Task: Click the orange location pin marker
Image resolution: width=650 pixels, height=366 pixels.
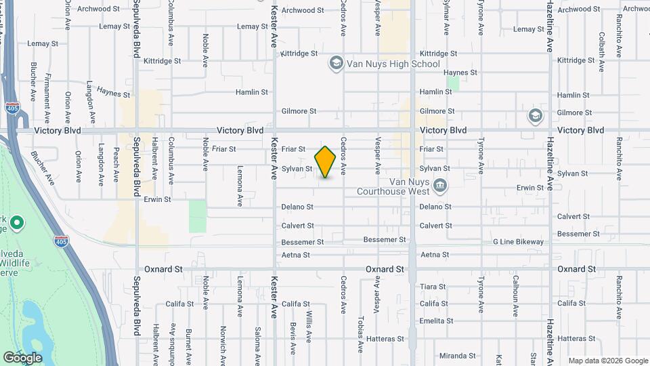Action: pos(326,162)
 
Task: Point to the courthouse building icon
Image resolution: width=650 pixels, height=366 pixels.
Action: pos(440,185)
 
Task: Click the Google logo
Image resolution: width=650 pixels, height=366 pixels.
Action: pos(22,357)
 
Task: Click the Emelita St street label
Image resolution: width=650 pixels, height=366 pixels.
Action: pos(435,321)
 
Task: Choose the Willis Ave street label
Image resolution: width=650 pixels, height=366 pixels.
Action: pos(309,326)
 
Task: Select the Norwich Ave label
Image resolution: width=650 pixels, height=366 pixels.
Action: pos(223,342)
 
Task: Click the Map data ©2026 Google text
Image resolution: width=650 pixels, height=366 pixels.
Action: pos(607,361)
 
